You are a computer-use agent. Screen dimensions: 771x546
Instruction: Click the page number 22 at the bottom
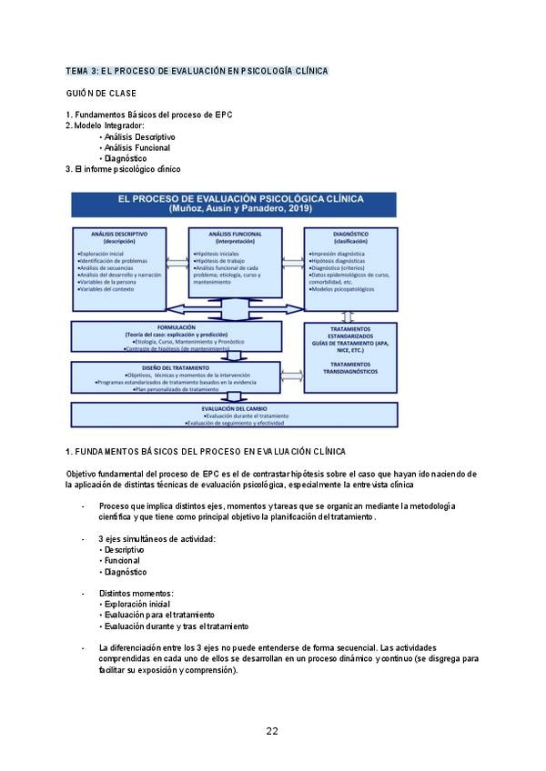click(272, 731)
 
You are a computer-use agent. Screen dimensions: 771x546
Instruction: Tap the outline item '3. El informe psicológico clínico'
click(124, 169)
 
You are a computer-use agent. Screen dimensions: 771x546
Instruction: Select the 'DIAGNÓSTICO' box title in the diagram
click(350, 234)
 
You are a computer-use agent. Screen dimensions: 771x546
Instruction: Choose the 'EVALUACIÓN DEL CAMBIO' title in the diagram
click(234, 408)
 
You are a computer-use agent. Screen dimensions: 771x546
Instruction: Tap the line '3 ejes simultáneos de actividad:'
click(157, 539)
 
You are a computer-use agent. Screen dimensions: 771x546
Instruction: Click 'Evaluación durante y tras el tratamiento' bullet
click(177, 626)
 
